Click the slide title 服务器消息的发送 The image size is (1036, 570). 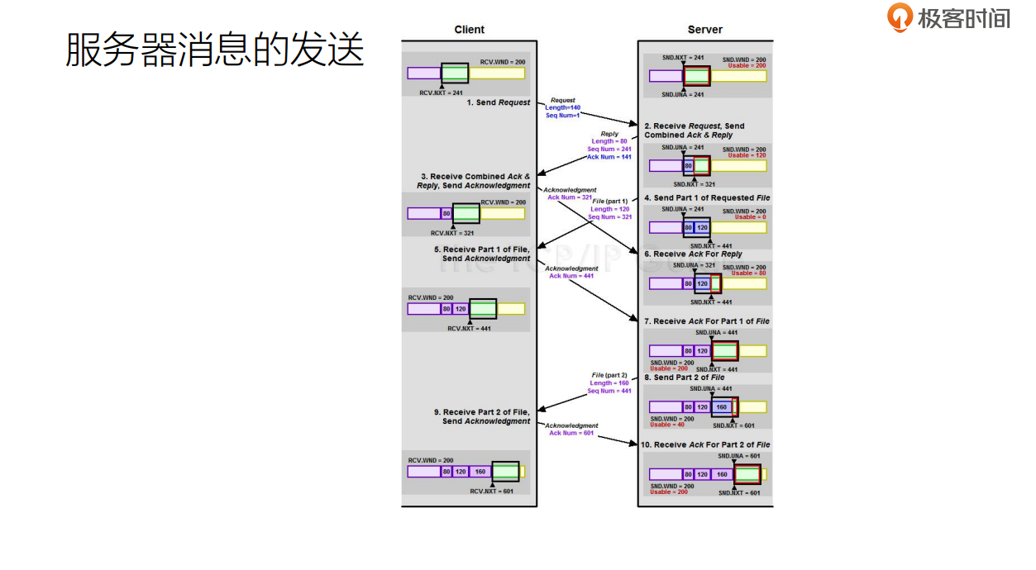215,50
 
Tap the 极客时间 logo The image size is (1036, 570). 948,17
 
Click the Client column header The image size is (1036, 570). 470,30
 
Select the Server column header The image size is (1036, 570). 705,30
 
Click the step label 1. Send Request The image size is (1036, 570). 499,102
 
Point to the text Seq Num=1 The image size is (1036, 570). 563,115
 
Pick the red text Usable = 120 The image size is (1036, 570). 747,155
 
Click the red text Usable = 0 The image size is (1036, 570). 750,217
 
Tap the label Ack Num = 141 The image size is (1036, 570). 609,157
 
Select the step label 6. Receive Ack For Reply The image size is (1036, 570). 693,254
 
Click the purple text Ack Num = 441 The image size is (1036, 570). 571,276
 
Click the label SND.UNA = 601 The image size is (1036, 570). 738,456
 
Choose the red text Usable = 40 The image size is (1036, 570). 666,425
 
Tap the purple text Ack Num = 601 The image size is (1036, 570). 571,433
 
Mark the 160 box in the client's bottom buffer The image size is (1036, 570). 480,472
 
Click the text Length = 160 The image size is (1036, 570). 609,383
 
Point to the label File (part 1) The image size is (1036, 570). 610,202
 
